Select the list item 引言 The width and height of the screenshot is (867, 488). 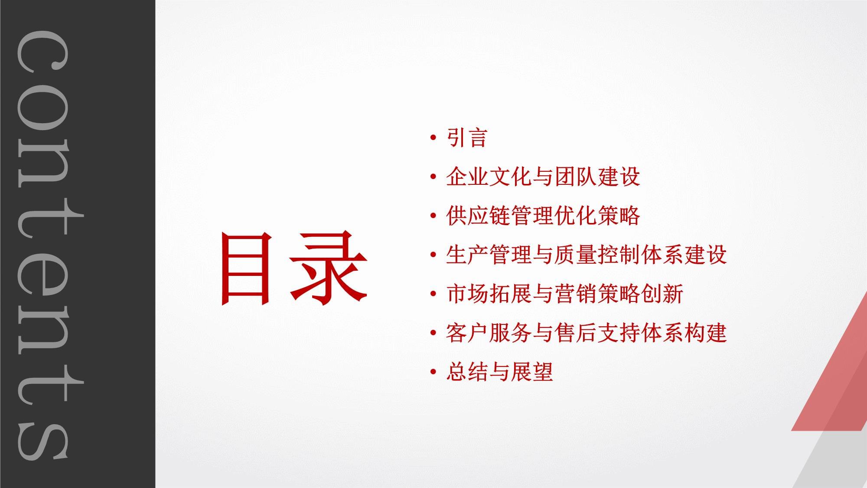[x=467, y=138]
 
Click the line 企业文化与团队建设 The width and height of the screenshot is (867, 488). [x=543, y=177]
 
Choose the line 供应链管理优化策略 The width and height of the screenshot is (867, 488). [x=543, y=216]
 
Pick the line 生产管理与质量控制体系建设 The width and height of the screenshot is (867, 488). [x=586, y=255]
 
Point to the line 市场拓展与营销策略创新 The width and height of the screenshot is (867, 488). [x=564, y=294]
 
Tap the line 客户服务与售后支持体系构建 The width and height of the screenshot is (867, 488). [x=586, y=333]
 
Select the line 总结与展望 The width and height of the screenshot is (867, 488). [x=499, y=372]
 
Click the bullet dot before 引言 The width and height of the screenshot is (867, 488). [x=433, y=138]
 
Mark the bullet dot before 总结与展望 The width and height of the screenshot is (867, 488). [x=433, y=373]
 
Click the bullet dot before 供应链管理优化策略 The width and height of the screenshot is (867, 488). [x=433, y=216]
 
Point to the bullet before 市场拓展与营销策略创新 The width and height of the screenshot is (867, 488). [x=433, y=295]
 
